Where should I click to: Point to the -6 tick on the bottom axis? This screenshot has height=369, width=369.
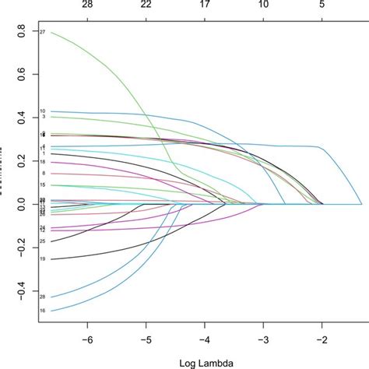click(x=87, y=341)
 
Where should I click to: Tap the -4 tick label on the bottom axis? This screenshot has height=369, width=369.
click(x=204, y=341)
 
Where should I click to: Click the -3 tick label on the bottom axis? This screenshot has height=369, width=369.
click(x=263, y=341)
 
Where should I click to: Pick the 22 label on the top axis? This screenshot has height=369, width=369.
click(x=146, y=5)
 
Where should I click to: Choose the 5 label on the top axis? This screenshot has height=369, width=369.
click(x=322, y=5)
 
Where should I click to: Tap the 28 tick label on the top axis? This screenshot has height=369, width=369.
click(x=87, y=5)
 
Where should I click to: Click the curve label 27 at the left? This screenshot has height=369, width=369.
click(x=43, y=32)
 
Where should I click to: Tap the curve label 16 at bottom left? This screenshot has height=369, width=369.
click(x=43, y=311)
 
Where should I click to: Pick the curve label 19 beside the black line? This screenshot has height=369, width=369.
click(x=43, y=258)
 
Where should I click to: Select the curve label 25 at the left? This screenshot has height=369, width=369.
click(x=43, y=241)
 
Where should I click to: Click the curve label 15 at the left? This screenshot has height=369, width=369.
click(x=43, y=185)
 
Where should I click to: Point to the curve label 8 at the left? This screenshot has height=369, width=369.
click(x=44, y=174)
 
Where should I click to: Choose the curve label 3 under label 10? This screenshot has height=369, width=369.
click(x=44, y=118)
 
